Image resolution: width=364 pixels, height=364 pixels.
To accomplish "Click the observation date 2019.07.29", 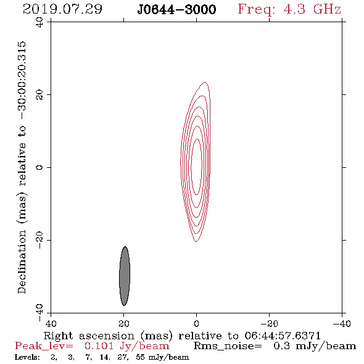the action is tap(62, 9).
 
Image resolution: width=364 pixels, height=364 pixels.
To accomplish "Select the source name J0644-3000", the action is tap(176, 9).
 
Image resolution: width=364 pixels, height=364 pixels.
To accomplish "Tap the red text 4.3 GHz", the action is tap(312, 9).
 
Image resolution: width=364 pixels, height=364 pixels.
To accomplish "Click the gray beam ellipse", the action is tap(125, 276).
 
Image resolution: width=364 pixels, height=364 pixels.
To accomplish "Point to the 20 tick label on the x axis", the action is tap(124, 323).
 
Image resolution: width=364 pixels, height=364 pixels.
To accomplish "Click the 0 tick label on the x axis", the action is tap(197, 323).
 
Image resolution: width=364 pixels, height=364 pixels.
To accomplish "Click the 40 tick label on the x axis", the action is tap(51, 323).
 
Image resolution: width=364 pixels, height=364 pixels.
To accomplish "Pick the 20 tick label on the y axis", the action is tap(39, 95).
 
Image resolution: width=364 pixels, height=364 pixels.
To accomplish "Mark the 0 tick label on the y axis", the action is tap(39, 167).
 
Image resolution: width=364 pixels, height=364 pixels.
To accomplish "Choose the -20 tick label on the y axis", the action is tap(39, 240).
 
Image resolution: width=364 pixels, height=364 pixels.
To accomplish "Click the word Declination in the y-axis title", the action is tap(22, 262).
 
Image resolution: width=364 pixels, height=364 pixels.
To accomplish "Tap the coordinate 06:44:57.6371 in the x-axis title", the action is tap(283, 336).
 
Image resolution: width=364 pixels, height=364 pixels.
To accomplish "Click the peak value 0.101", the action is tap(99, 346).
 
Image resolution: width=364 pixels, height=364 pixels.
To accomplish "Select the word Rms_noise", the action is tap(228, 346).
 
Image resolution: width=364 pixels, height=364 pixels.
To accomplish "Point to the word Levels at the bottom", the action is tap(27, 357).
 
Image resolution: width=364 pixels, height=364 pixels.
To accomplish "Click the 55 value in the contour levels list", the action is tap(140, 357).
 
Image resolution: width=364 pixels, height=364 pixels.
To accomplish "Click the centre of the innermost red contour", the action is tap(197, 167).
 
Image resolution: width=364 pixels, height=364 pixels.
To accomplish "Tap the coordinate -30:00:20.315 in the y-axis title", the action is tap(22, 81).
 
